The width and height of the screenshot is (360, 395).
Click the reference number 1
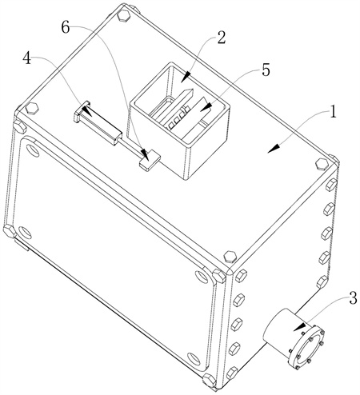point(332,112)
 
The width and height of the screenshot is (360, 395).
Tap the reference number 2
point(221,38)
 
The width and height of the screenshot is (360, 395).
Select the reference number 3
point(353,298)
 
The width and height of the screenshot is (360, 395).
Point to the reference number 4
point(26,58)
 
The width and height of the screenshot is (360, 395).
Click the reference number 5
point(266,70)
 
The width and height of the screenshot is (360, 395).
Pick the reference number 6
point(66,27)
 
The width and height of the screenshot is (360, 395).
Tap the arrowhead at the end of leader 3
point(300,327)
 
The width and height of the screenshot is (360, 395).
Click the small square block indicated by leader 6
point(150,159)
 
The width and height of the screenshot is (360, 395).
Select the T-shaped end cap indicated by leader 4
point(81,111)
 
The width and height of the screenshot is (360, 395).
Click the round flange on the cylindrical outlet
point(307,346)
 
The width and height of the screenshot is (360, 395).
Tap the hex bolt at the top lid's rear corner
point(124,16)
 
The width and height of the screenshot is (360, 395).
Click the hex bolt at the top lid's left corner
point(32,108)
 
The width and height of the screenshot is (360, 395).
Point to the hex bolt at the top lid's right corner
point(322,164)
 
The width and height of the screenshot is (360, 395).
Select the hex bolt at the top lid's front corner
point(230,257)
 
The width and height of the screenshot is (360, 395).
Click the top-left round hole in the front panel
point(32,150)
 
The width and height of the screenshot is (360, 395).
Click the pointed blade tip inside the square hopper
point(191,90)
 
